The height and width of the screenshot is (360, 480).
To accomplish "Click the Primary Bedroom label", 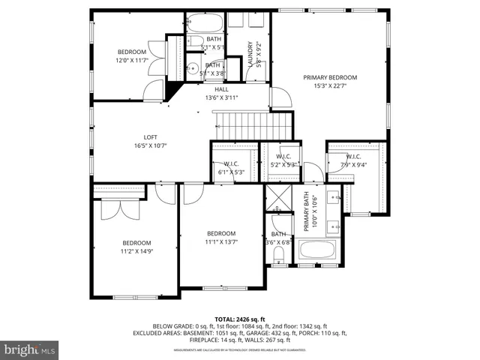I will (x=329, y=77).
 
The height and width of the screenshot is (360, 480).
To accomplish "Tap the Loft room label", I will (x=151, y=137).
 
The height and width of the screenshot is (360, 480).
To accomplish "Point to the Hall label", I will (x=221, y=89).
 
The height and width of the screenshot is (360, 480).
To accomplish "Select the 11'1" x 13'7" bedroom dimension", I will (x=221, y=241).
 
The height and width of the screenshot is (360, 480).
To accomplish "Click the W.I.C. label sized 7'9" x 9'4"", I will (x=354, y=156).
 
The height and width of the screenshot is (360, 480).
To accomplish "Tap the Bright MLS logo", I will (x=30, y=349).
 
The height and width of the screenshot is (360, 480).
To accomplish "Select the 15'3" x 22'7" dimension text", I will (x=329, y=86).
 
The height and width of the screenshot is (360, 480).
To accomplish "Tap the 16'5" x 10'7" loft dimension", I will (x=151, y=145).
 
